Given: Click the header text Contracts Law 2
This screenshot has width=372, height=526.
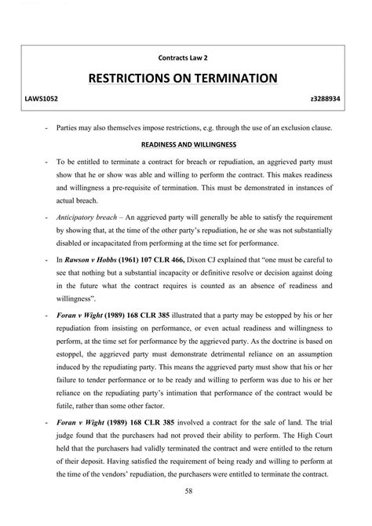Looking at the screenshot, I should click(x=184, y=57).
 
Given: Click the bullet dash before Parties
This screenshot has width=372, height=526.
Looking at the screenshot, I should click(x=49, y=127).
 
